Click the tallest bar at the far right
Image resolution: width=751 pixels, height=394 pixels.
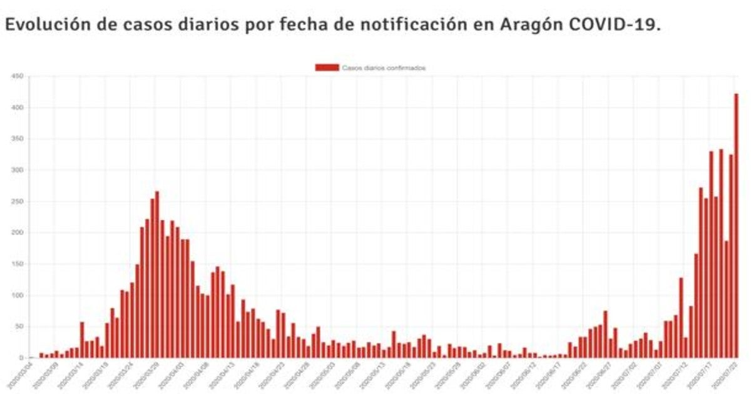(x=736, y=225)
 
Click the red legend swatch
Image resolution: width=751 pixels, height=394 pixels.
(x=327, y=68)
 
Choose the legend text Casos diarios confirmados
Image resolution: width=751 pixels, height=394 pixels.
(x=384, y=68)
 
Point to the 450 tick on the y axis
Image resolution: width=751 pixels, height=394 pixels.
(x=17, y=76)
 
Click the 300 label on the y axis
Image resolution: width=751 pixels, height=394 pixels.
(x=17, y=170)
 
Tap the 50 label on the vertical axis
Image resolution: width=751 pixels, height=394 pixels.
(x=19, y=326)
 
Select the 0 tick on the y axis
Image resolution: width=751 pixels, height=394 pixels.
(x=21, y=358)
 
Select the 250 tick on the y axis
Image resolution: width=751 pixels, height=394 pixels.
(x=17, y=201)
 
